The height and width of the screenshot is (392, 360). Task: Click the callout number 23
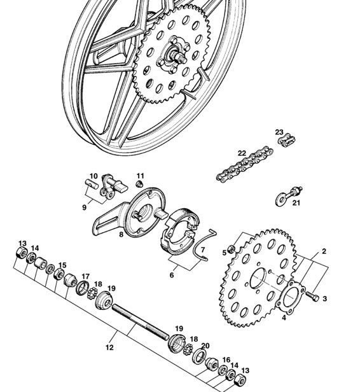279,132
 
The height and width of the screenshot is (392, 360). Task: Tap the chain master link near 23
287,140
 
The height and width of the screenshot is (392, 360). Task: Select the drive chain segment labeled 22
245,164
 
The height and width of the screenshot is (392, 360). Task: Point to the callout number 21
296,203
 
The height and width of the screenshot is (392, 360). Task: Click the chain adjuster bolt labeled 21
289,196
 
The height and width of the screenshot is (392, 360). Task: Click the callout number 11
141,176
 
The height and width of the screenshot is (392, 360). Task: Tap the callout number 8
121,235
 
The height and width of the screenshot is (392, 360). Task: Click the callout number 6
172,275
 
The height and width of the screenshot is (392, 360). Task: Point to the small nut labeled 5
232,249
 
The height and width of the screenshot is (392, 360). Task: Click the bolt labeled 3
312,297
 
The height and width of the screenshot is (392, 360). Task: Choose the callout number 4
284,318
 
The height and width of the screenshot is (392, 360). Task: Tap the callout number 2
324,251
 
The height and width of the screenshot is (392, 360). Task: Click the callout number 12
109,347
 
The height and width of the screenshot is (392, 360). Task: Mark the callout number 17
85,276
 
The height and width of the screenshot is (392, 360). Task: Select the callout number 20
205,346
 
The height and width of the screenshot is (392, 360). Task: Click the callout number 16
226,360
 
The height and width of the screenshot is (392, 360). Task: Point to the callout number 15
62,265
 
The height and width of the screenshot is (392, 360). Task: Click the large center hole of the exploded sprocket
258,278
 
